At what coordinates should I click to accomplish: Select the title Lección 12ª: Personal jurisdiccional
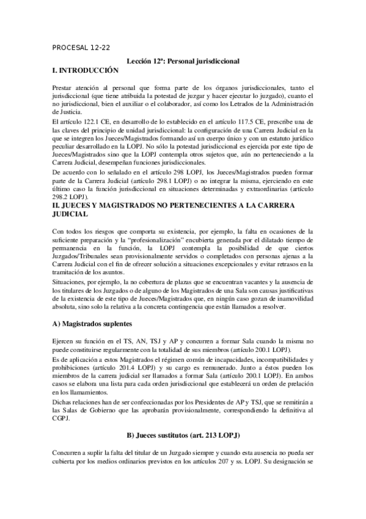pos(183,62)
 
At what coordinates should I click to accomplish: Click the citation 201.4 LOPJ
pos(137,367)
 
